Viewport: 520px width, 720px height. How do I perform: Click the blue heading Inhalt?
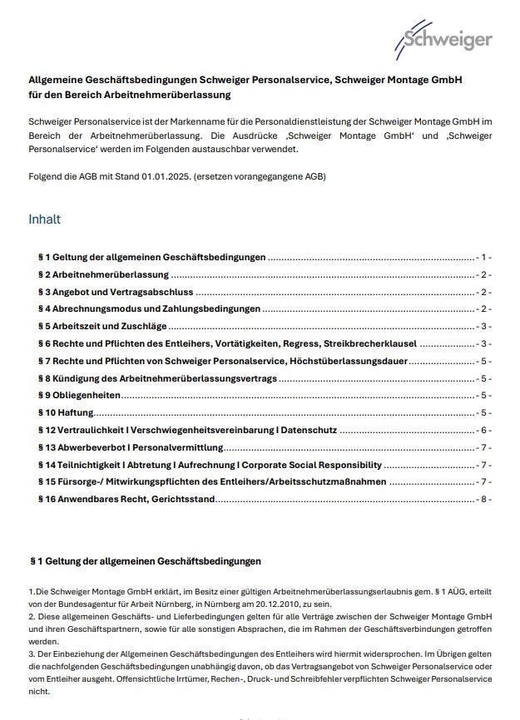pyautogui.click(x=44, y=219)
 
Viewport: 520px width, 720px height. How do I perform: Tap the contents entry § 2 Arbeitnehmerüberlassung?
pyautogui.click(x=104, y=274)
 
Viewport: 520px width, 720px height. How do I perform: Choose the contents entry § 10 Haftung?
pyautogui.click(x=66, y=412)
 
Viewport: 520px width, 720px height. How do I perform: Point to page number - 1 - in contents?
pyautogui.click(x=485, y=257)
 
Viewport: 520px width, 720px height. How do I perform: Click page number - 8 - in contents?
pyautogui.click(x=485, y=499)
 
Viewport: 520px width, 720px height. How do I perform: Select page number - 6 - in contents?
pyautogui.click(x=485, y=430)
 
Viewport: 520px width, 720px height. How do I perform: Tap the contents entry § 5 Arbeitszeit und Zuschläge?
pyautogui.click(x=102, y=326)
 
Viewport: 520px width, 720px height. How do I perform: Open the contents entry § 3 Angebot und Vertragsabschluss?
pyautogui.click(x=116, y=292)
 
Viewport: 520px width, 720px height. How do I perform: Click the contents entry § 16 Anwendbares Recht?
pyautogui.click(x=126, y=499)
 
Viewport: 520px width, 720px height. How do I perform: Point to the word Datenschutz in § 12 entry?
pyautogui.click(x=308, y=430)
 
